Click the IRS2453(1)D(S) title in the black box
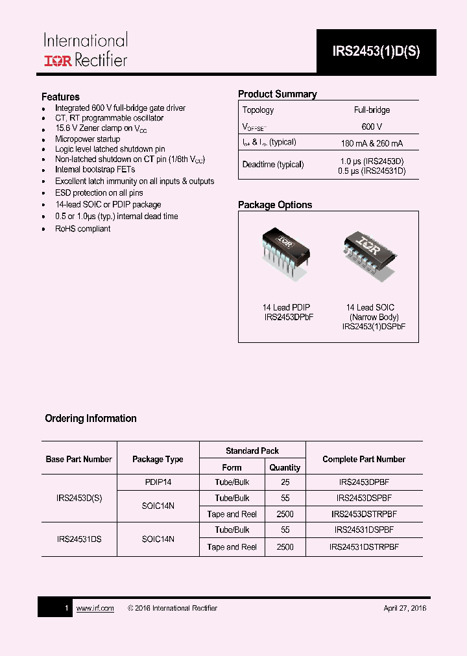pyautogui.click(x=376, y=53)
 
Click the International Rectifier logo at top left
pyautogui.click(x=85, y=51)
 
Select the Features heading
pyautogui.click(x=60, y=97)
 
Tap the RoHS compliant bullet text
pyautogui.click(x=82, y=229)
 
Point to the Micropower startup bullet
pyautogui.click(x=87, y=139)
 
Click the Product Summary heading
pyautogui.click(x=277, y=94)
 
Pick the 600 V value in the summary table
pyautogui.click(x=372, y=127)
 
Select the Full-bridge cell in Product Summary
pyautogui.click(x=372, y=110)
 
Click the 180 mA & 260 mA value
pyautogui.click(x=372, y=143)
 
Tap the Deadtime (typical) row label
pyautogui.click(x=273, y=165)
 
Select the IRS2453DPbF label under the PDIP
pyautogui.click(x=289, y=317)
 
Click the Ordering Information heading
pyautogui.click(x=91, y=419)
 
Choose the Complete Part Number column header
pyautogui.click(x=364, y=459)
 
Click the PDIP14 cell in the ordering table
pyautogui.click(x=158, y=482)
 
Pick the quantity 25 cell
pyautogui.click(x=285, y=482)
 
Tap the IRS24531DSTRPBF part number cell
pyautogui.click(x=364, y=547)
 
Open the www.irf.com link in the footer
pyautogui.click(x=95, y=608)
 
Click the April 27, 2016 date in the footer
pyautogui.click(x=405, y=608)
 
